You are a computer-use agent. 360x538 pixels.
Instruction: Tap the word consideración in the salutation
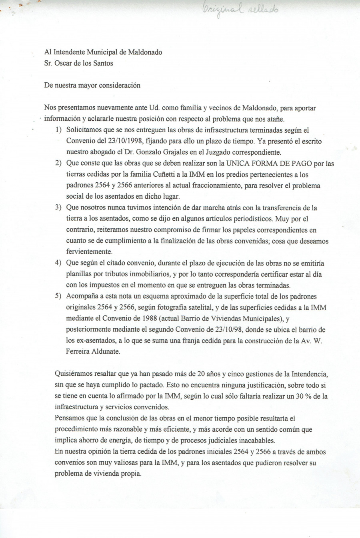119,85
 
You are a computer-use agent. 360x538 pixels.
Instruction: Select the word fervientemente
89,252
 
